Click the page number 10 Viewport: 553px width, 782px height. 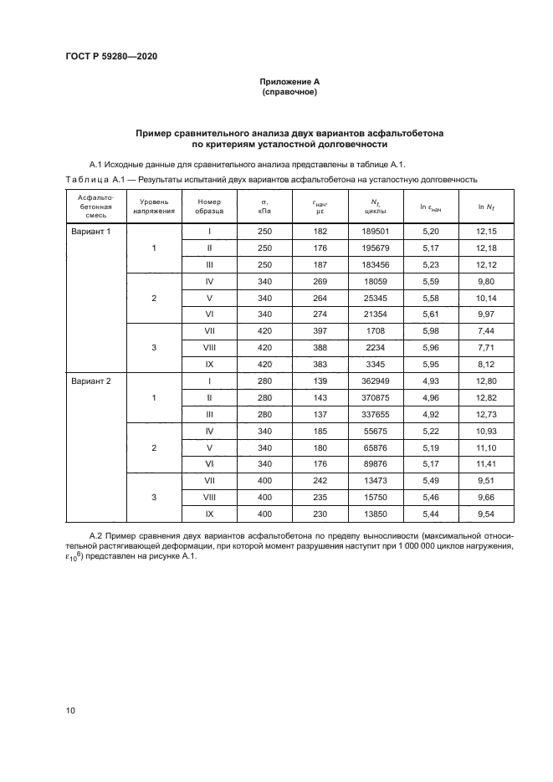click(71, 710)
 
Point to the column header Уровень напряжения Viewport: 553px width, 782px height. click(154, 207)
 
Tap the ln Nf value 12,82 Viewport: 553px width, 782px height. click(486, 398)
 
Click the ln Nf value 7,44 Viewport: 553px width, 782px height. click(486, 331)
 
